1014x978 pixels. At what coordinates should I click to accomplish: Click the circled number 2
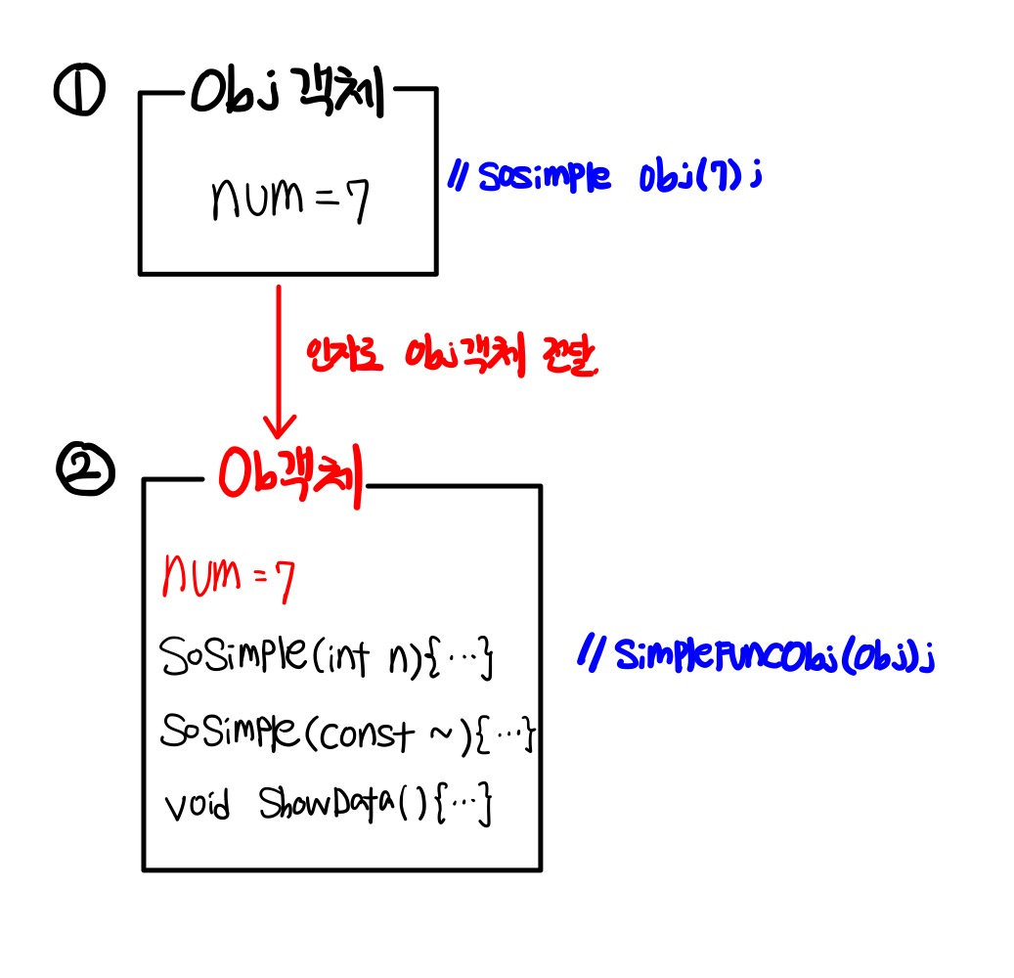(86, 476)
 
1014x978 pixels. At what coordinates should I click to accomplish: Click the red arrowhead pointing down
(281, 427)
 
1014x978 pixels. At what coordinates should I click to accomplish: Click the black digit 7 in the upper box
(358, 200)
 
